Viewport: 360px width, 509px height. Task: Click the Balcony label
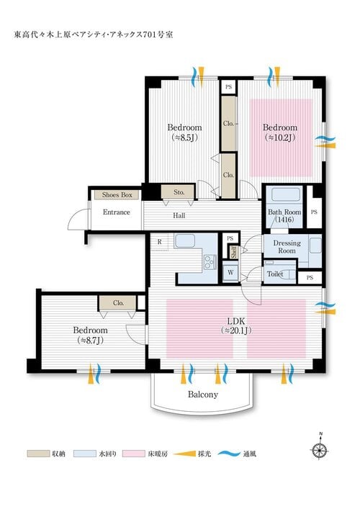(x=203, y=395)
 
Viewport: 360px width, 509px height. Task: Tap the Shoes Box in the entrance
(x=117, y=195)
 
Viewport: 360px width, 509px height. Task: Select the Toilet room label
(x=275, y=274)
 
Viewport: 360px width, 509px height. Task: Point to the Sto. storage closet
(x=179, y=192)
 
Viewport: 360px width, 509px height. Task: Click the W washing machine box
(x=230, y=272)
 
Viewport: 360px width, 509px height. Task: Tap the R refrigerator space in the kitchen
(x=159, y=242)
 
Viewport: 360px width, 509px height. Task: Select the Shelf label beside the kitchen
(x=233, y=252)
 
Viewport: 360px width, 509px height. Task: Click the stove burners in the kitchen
(x=210, y=262)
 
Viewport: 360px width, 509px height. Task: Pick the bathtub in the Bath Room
(x=286, y=195)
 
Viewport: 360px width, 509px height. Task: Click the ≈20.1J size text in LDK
(x=236, y=330)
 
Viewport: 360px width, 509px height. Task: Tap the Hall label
(x=179, y=215)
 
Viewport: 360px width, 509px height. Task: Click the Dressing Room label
(x=287, y=247)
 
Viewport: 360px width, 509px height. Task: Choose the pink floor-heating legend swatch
(x=134, y=454)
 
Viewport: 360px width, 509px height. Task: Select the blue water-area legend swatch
(x=85, y=454)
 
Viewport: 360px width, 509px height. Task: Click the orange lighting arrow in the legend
(x=184, y=454)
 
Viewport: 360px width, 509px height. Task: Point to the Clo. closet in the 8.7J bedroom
(x=118, y=303)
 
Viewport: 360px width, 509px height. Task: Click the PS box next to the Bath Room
(x=314, y=212)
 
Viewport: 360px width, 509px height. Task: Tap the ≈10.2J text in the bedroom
(x=280, y=138)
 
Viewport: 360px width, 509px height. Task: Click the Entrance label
(x=116, y=212)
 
